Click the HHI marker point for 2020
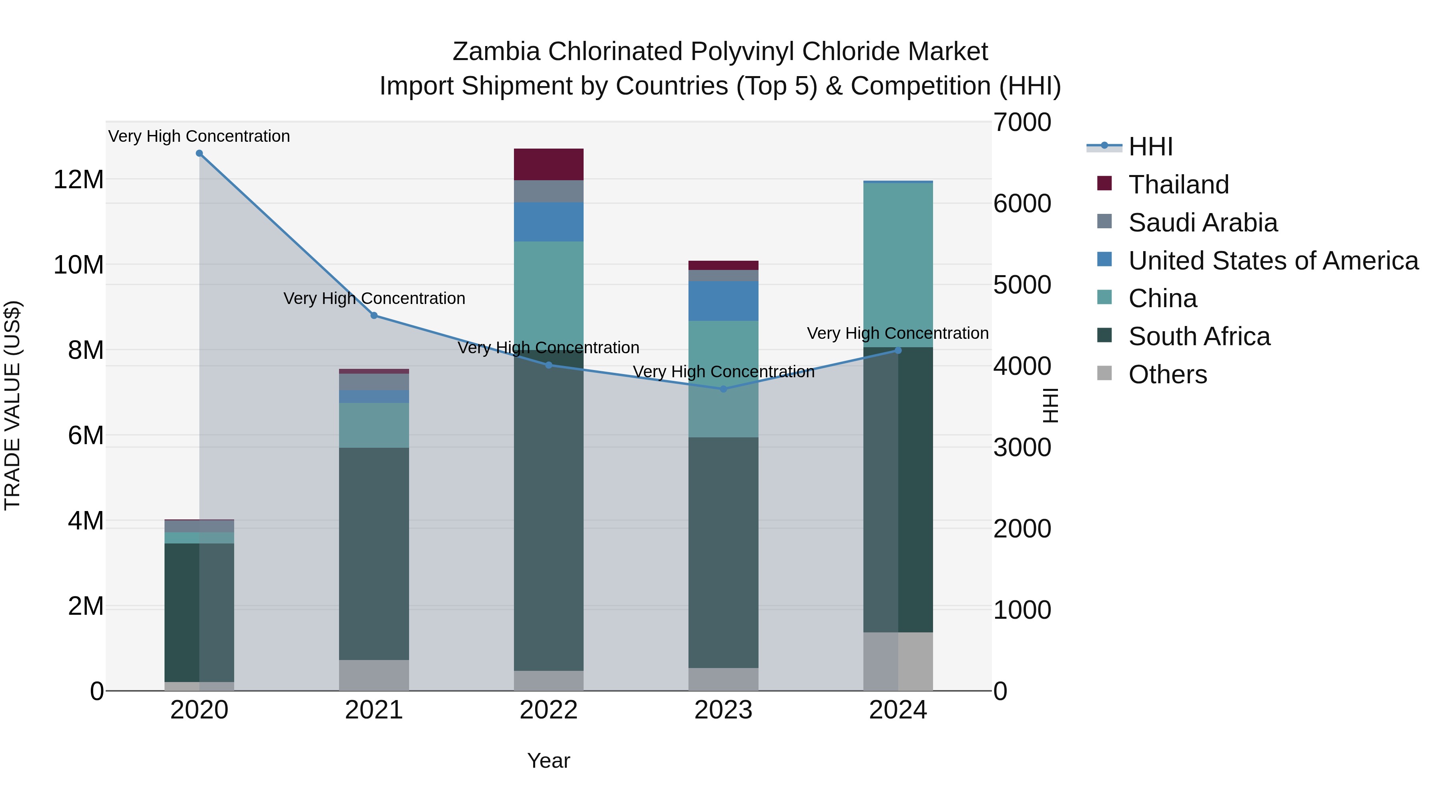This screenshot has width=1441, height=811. click(199, 153)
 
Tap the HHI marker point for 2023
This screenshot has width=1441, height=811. click(723, 389)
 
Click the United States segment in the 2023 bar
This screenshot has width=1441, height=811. click(723, 301)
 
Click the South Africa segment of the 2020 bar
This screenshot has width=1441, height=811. click(199, 612)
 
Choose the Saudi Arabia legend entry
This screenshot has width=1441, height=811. click(1203, 223)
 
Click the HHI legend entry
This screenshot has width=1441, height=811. click(1150, 147)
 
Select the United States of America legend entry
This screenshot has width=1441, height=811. click(1273, 261)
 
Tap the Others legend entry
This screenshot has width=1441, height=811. click(1168, 374)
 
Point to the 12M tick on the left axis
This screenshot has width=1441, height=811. click(78, 180)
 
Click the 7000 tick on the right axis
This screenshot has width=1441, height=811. click(1022, 123)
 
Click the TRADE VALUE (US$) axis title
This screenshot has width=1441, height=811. click(12, 406)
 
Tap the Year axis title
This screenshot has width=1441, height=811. click(548, 761)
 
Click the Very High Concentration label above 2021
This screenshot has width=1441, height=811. click(374, 298)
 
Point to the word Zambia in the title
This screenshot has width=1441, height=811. click(496, 52)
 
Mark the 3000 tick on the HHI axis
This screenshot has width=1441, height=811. click(1022, 448)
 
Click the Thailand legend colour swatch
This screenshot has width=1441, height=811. click(1104, 183)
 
